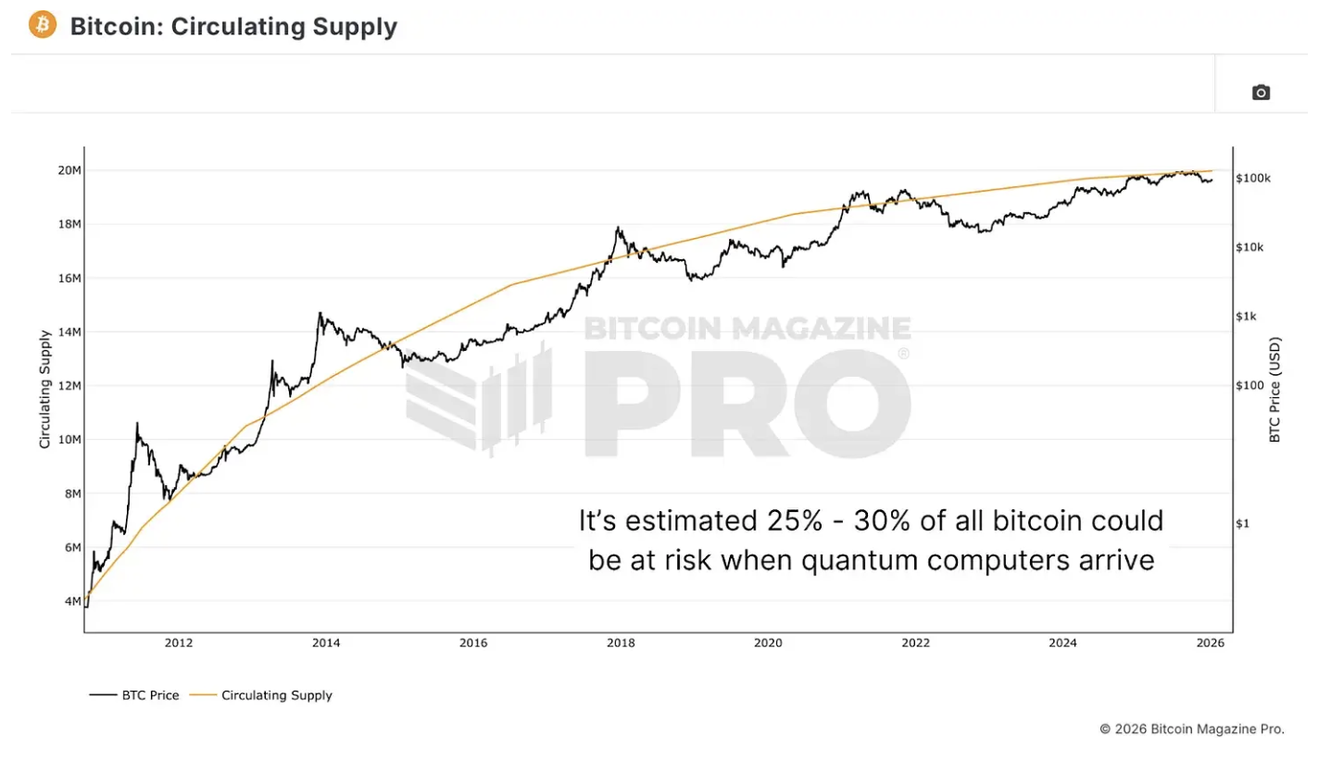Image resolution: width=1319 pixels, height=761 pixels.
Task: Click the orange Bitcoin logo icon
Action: [43, 25]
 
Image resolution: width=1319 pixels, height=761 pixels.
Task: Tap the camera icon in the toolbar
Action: [1261, 92]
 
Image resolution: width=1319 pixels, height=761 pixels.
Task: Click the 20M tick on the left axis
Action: [69, 170]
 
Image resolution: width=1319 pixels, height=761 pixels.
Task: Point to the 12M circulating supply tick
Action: [69, 386]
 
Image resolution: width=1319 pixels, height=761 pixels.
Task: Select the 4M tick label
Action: [72, 602]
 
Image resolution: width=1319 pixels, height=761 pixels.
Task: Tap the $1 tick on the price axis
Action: [1243, 524]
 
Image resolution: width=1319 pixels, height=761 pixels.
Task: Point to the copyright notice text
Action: [1192, 729]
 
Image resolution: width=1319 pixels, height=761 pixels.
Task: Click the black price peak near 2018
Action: [617, 228]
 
